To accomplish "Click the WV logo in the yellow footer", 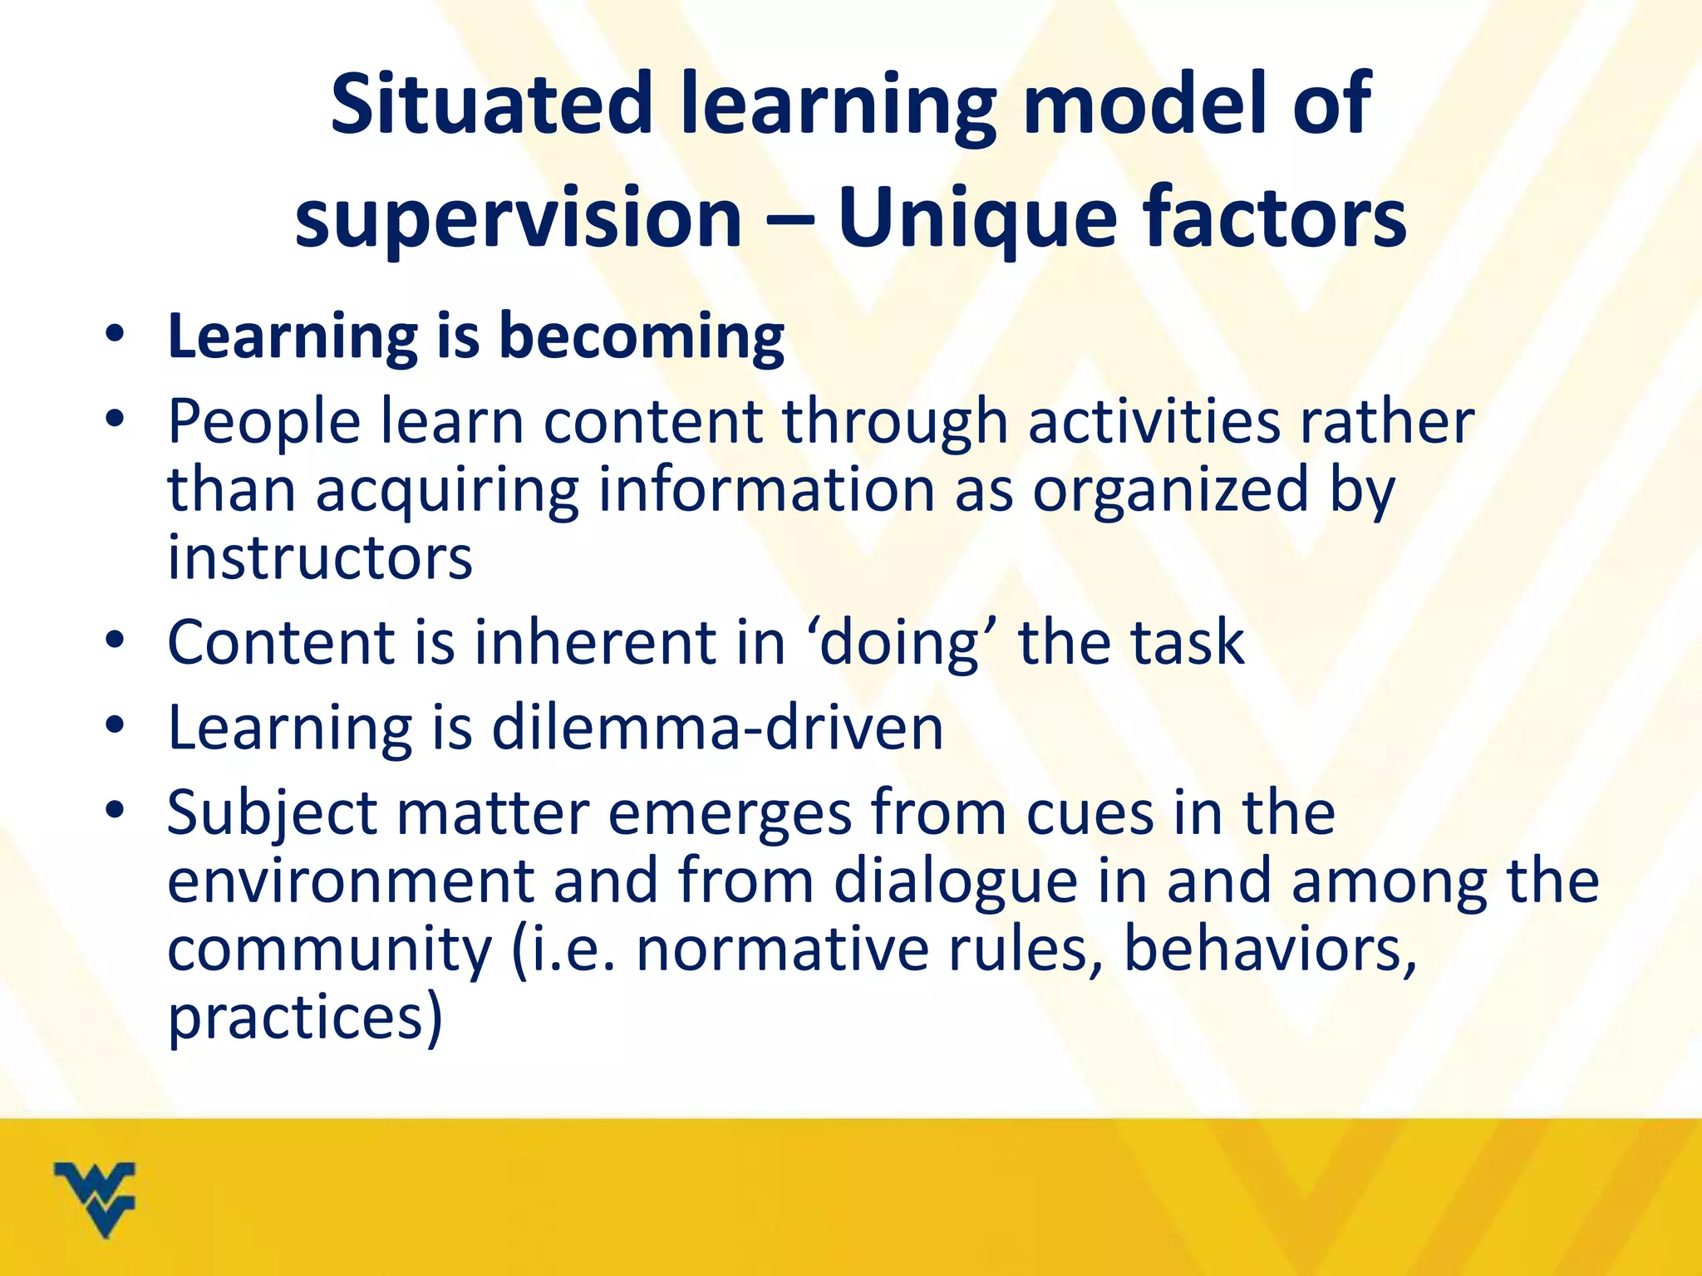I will pos(94,1198).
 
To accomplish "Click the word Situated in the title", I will pos(491,104).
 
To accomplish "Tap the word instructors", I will pos(320,557).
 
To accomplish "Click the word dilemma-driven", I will pos(717,729).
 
